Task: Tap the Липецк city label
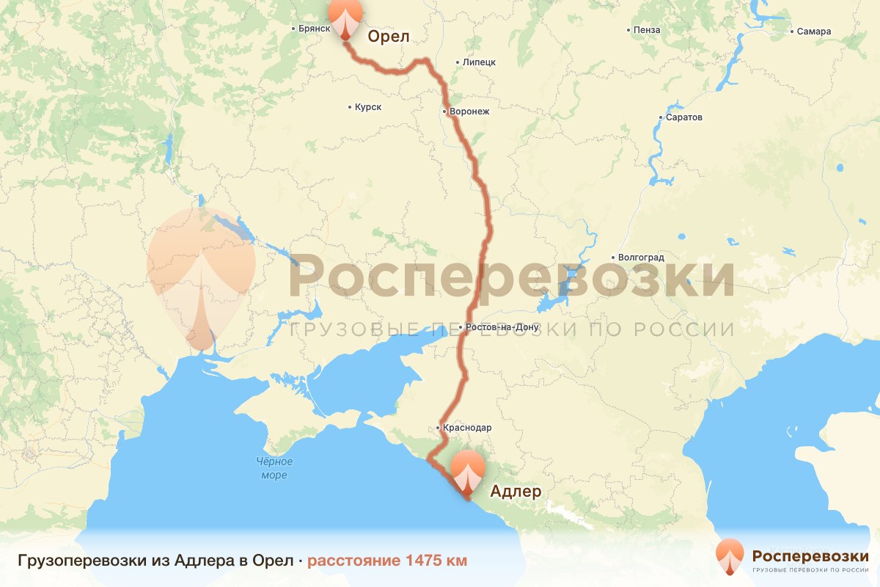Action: pos(479,62)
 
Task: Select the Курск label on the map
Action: pos(367,107)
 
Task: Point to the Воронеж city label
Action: pos(469,112)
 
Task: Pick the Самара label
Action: pos(815,32)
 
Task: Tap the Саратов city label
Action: pos(685,117)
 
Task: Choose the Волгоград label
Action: pos(641,258)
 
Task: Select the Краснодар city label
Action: pos(467,427)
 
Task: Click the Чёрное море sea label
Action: pos(274,468)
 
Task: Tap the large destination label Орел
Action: pos(386,37)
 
